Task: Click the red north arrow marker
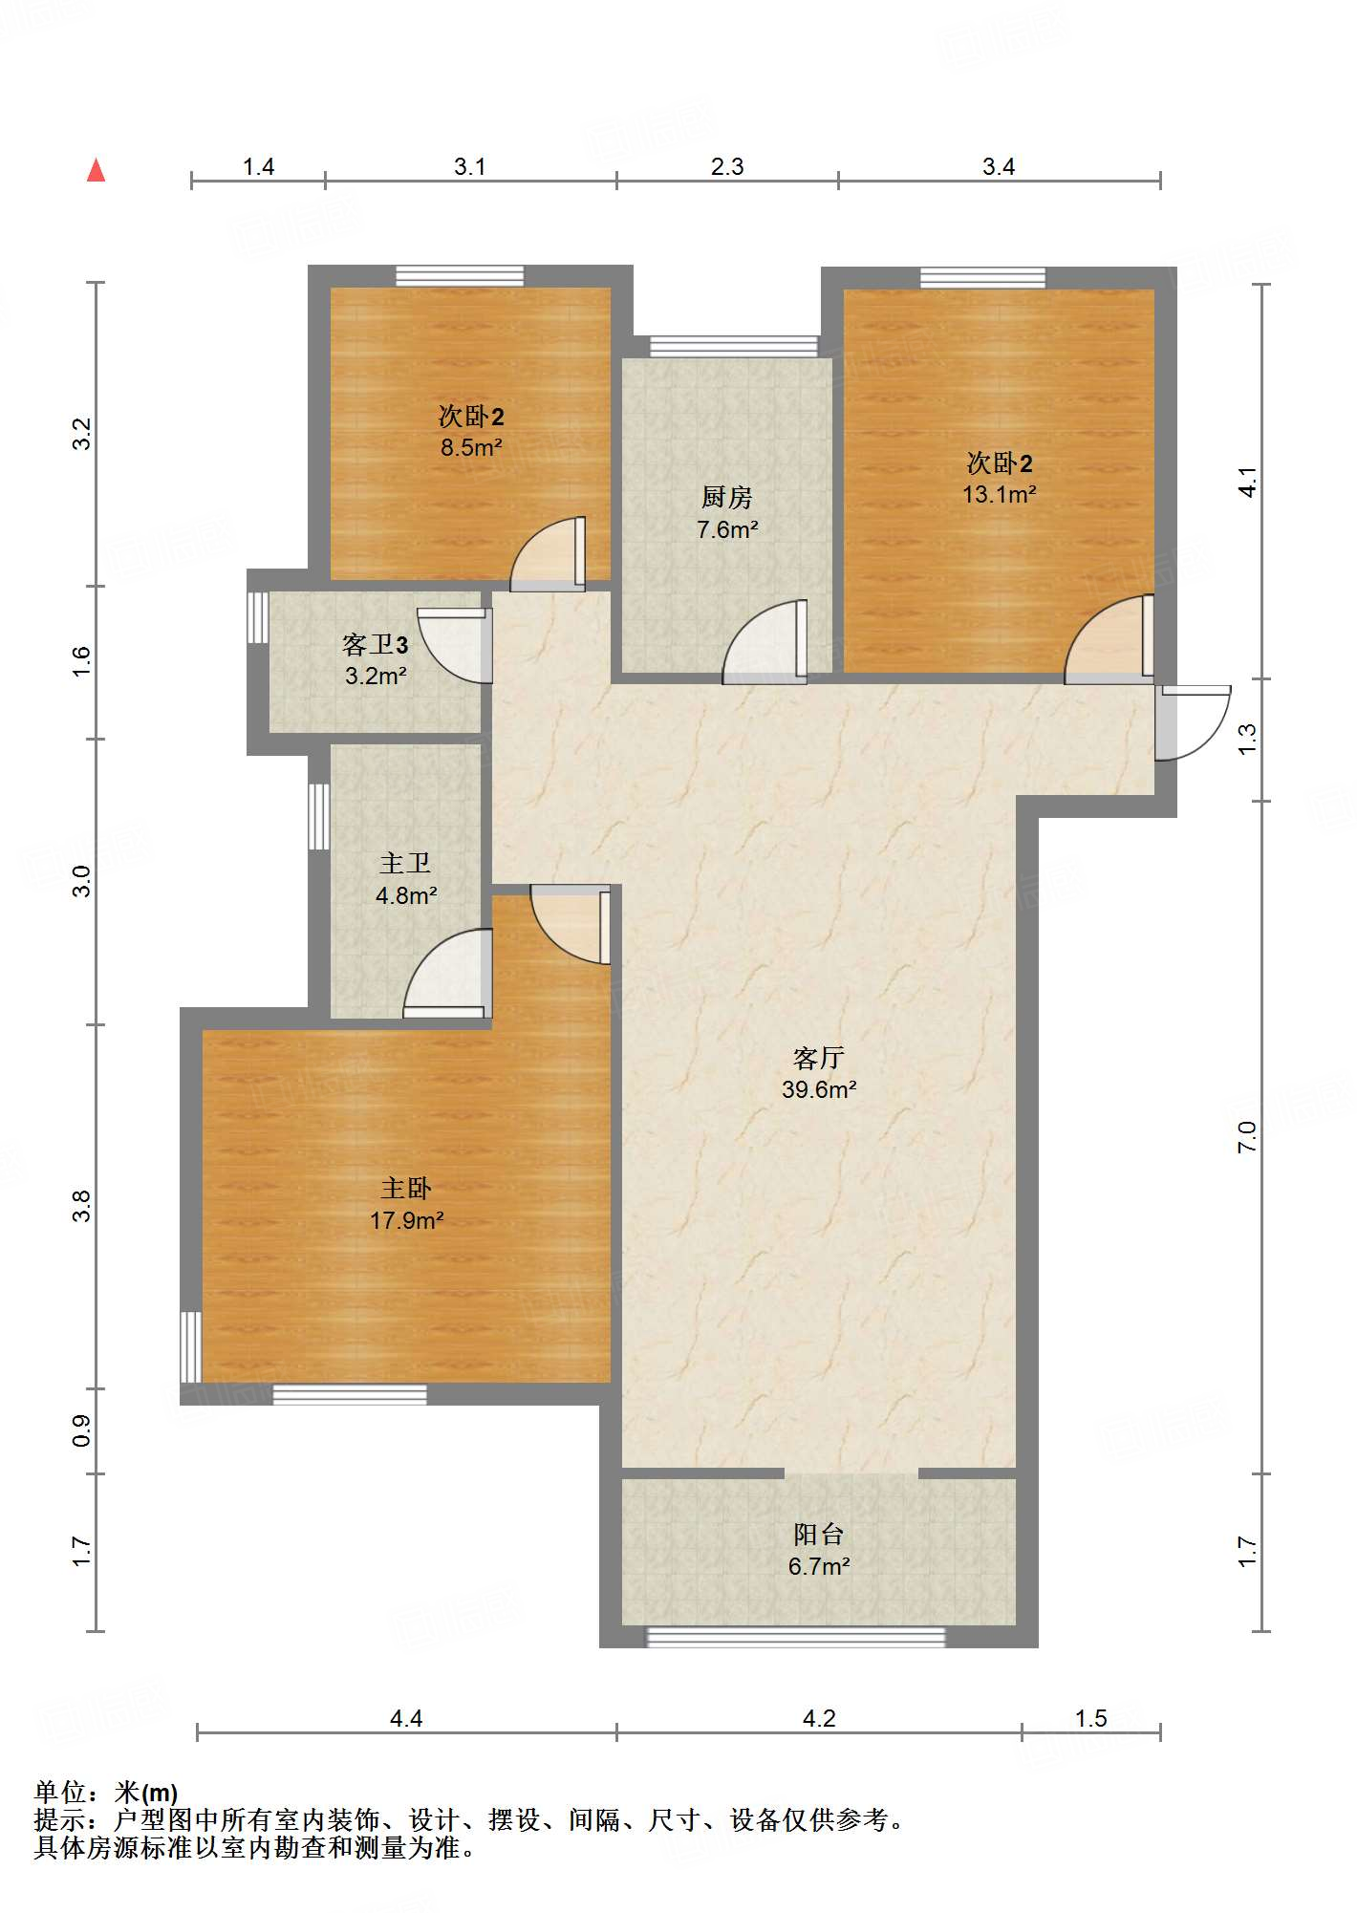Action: pyautogui.click(x=96, y=171)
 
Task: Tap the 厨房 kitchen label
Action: pyautogui.click(x=726, y=497)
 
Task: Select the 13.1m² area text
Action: pyautogui.click(x=999, y=494)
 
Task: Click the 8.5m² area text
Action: pyautogui.click(x=471, y=447)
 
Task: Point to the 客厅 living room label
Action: pyautogui.click(x=818, y=1058)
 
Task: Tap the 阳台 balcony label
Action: pyautogui.click(x=818, y=1535)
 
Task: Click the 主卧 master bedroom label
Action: pyautogui.click(x=406, y=1188)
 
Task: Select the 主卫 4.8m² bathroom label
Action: pyautogui.click(x=406, y=879)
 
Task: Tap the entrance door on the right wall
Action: pyautogui.click(x=1190, y=721)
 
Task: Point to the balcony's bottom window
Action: pyautogui.click(x=795, y=1638)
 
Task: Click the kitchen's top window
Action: pyautogui.click(x=733, y=346)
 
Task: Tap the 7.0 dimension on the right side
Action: pyautogui.click(x=1247, y=1137)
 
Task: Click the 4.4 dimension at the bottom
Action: pyautogui.click(x=405, y=1719)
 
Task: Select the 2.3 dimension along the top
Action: pyautogui.click(x=726, y=167)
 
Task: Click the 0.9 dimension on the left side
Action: pyautogui.click(x=82, y=1430)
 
